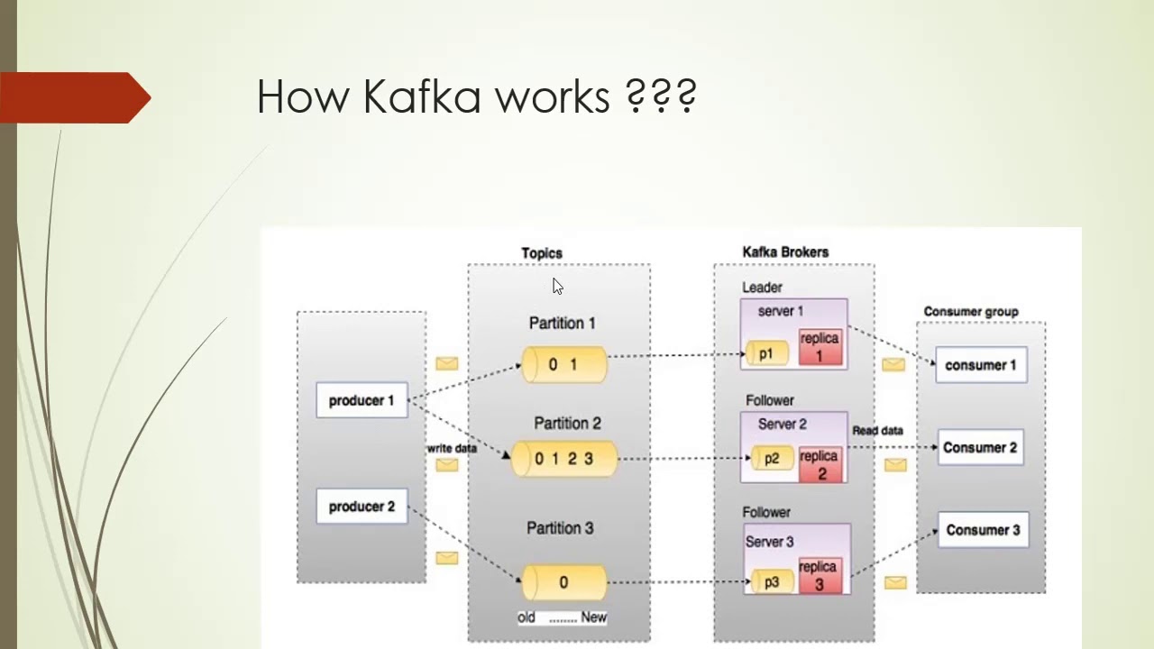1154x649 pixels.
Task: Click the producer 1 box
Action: pos(362,400)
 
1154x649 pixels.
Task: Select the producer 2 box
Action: pos(362,507)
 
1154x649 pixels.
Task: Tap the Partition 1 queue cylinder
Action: pos(564,364)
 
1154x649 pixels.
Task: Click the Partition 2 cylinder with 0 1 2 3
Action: pos(564,459)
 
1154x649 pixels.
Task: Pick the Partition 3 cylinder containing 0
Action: pos(564,582)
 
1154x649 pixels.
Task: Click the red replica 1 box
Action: pos(820,347)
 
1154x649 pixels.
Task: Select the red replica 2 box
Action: pos(820,464)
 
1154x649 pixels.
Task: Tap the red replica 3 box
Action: pos(819,575)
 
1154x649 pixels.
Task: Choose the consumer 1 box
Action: pos(981,365)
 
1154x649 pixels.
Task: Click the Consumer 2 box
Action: pos(980,447)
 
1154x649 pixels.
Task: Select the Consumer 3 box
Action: pos(983,530)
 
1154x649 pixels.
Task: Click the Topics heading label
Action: pos(542,253)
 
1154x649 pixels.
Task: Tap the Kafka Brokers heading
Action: pos(785,252)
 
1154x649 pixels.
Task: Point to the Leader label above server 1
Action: pos(762,288)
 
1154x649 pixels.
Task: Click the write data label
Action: pos(452,448)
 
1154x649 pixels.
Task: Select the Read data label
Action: pos(877,431)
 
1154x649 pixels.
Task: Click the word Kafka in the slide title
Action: pos(422,96)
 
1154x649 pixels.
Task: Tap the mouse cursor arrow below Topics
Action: pos(557,286)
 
